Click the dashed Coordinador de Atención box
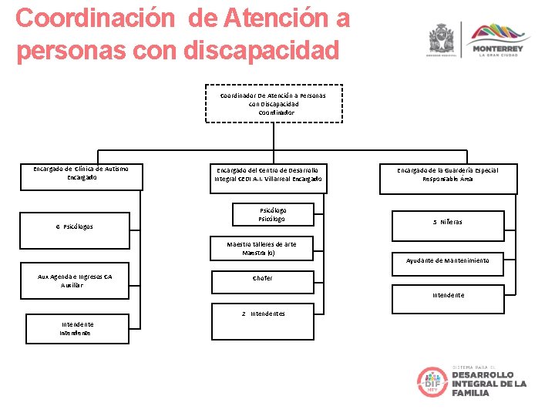click(273, 104)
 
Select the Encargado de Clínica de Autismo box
click(81, 176)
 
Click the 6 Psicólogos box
click(75, 226)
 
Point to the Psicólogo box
click(271, 214)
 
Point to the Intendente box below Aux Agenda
click(77, 329)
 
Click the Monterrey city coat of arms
click(442, 39)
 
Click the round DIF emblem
click(432, 382)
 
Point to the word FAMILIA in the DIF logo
click(470, 393)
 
